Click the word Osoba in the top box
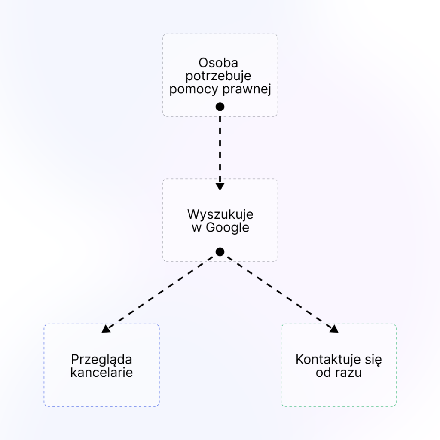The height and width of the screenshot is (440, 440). [218, 63]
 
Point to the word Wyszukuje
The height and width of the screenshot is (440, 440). [220, 214]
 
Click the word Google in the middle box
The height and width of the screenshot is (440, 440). [227, 228]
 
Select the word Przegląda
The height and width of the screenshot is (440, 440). [101, 359]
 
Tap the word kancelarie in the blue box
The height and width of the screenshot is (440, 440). [101, 372]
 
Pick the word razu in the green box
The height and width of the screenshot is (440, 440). [349, 372]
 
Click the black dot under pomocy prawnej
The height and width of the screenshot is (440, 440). [220, 107]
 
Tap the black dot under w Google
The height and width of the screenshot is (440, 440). [220, 252]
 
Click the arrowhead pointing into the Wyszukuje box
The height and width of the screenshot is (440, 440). [220, 187]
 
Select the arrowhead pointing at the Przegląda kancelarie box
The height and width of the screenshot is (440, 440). [105, 329]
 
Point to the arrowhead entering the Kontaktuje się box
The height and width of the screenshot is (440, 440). [334, 329]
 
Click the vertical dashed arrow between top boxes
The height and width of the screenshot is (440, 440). [220, 146]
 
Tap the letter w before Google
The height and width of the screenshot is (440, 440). [196, 228]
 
